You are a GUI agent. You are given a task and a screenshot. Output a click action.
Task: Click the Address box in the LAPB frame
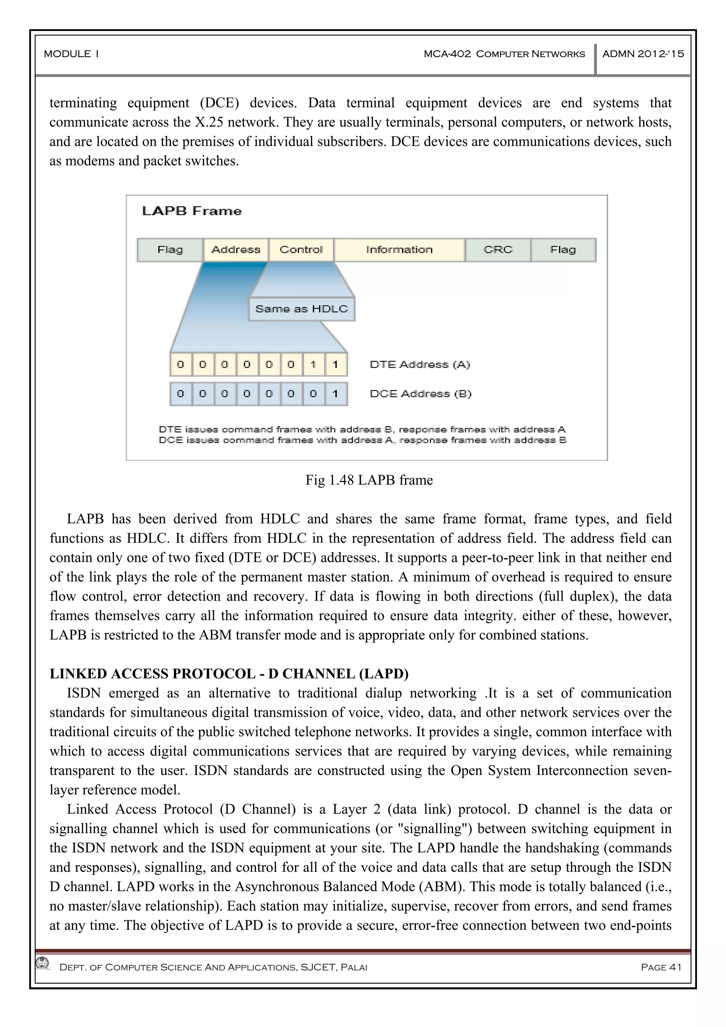(236, 250)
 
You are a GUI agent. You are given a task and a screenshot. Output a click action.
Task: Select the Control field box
(301, 250)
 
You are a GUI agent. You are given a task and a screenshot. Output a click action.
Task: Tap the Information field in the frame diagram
(399, 250)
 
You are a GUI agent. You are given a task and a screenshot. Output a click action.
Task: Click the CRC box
(498, 250)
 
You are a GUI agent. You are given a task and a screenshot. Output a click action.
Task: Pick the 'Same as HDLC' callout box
(301, 309)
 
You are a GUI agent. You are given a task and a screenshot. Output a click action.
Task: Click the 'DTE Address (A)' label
(420, 364)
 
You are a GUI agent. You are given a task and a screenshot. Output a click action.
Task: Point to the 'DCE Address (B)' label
(420, 394)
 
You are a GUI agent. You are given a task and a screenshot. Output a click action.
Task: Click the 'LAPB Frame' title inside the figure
(191, 211)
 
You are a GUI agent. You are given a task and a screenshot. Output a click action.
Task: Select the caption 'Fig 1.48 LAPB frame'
(369, 480)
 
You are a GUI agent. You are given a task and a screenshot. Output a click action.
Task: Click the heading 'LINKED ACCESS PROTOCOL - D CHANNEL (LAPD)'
(229, 674)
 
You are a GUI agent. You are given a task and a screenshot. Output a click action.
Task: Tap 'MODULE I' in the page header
(71, 54)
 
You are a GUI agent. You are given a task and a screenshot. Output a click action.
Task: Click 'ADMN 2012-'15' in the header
(643, 54)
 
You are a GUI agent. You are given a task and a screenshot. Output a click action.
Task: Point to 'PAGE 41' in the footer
(661, 967)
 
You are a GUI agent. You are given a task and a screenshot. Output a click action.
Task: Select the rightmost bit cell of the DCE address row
(335, 394)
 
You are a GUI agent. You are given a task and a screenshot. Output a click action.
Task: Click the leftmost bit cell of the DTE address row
(181, 364)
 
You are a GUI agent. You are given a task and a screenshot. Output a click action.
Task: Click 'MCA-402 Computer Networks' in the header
(504, 54)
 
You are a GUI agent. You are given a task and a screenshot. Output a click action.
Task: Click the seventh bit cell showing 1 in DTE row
(313, 364)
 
